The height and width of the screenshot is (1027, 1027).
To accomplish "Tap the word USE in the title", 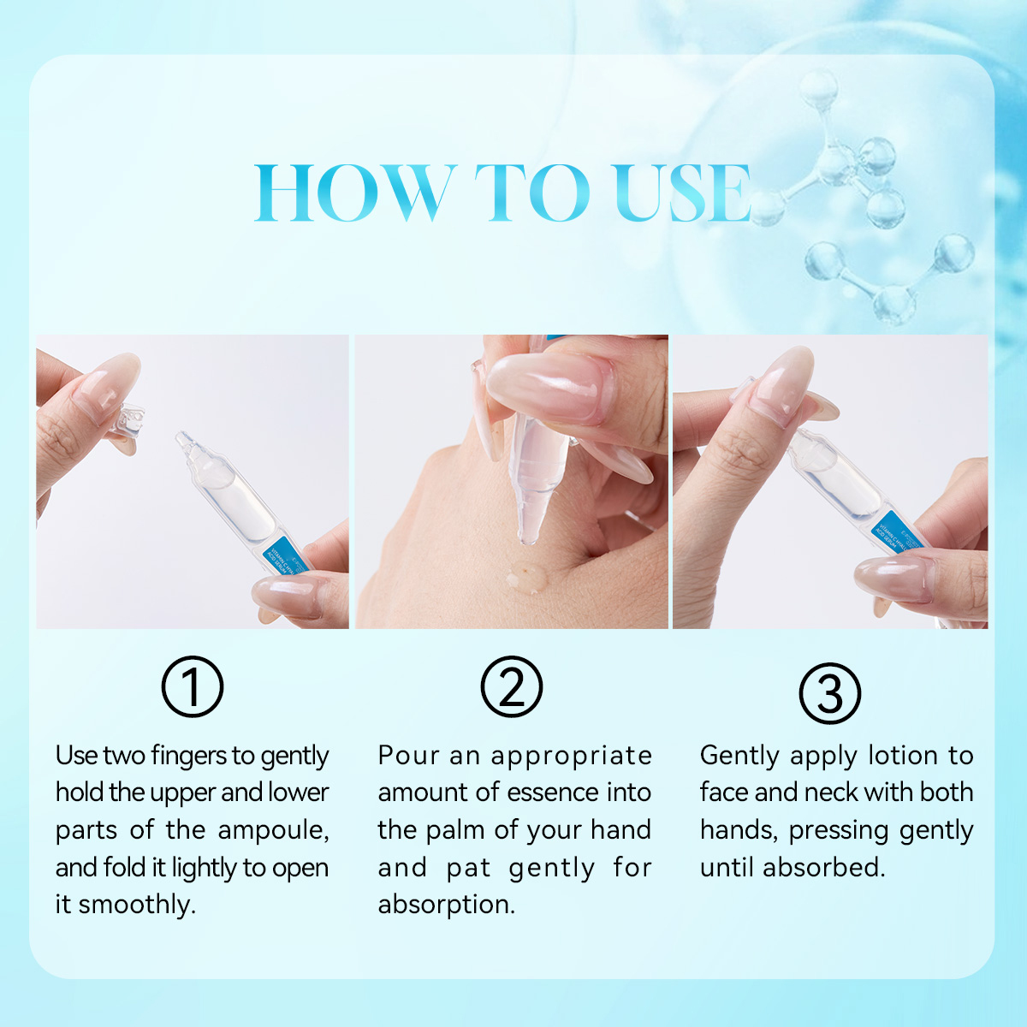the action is [x=683, y=192].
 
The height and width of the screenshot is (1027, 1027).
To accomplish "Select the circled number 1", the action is [x=193, y=686].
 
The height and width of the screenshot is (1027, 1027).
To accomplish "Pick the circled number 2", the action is [x=512, y=686].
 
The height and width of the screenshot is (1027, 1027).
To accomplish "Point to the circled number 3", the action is [x=830, y=693].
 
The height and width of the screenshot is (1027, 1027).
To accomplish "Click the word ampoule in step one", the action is [x=273, y=831].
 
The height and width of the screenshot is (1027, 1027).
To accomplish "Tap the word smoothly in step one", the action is [x=137, y=905].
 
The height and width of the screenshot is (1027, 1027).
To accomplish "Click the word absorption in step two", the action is [x=447, y=905].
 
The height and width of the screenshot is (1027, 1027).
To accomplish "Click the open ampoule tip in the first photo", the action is [x=183, y=439].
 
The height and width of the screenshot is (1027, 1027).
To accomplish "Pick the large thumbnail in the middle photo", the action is [x=552, y=387].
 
